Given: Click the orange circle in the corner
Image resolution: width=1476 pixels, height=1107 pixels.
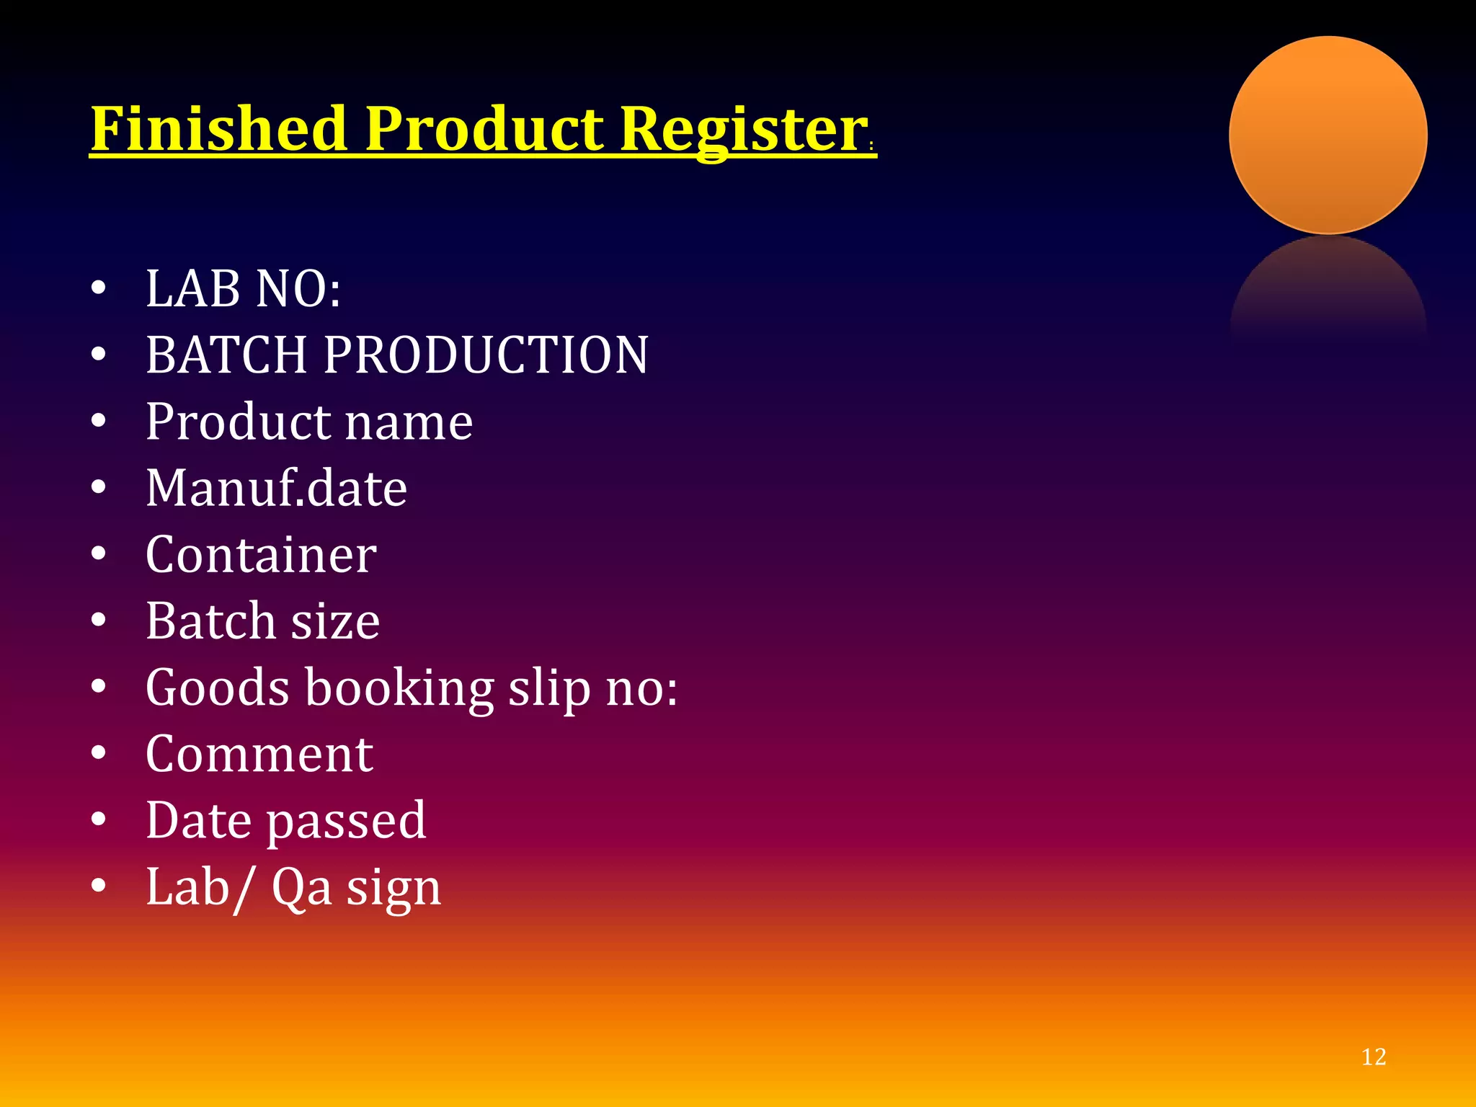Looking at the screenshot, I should coord(1328,135).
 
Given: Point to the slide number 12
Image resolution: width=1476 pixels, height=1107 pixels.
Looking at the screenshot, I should coord(1374,1057).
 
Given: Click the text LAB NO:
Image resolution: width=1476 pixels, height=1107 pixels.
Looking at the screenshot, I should coord(244,289).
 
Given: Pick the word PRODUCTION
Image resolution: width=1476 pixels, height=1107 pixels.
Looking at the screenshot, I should coord(486,355).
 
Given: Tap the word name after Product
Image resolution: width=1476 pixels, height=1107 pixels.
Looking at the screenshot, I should coord(409,422).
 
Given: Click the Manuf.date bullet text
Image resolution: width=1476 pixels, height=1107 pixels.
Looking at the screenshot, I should coord(277,489).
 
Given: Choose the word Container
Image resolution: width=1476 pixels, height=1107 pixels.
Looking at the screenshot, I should coord(261,555).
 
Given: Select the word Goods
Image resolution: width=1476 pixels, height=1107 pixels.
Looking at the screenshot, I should coord(218,688).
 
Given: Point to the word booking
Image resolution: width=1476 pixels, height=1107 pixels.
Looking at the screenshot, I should coord(399,689).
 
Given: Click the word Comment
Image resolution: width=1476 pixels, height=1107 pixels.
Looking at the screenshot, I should coord(259,755).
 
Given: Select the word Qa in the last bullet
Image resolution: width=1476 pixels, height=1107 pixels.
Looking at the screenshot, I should coord(301,888).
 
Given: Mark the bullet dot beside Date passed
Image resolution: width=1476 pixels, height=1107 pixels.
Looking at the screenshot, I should coord(99,819).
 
